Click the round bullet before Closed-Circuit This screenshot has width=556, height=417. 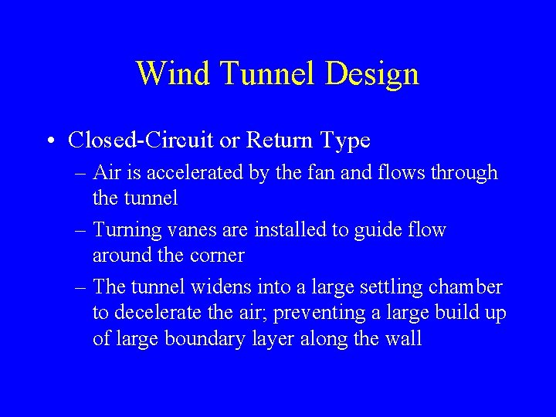(49, 141)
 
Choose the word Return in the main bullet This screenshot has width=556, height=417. (280, 141)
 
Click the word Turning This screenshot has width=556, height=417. (130, 230)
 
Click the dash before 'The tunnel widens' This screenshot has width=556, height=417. (80, 288)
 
